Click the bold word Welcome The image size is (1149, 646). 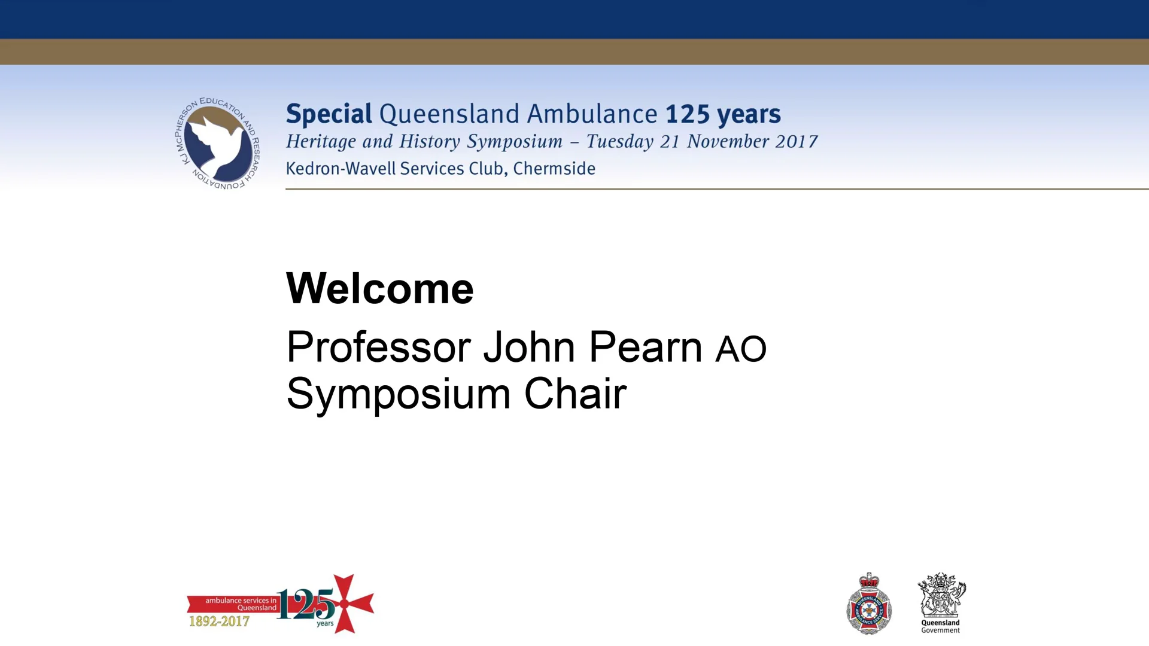[x=379, y=289]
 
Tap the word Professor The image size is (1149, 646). [x=378, y=348]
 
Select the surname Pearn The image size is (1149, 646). [x=645, y=348]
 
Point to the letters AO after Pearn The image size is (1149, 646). [x=741, y=349]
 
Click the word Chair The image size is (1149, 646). [x=575, y=394]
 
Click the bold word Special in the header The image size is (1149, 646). [x=329, y=114]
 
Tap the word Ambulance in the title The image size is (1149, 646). [x=592, y=114]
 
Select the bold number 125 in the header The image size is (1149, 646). [x=687, y=114]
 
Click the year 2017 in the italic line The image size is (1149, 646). [x=797, y=142]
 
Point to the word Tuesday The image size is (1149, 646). [x=619, y=142]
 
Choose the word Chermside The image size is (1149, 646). [x=554, y=169]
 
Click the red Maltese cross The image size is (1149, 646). [x=345, y=604]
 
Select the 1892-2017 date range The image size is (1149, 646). [x=219, y=621]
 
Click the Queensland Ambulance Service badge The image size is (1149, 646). [x=869, y=605]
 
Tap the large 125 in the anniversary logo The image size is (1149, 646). [x=306, y=604]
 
